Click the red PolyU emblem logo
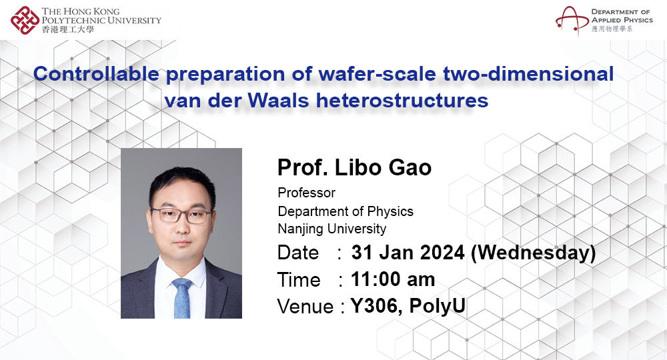25,20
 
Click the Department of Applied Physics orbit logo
572,20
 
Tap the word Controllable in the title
96,74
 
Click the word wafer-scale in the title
378,74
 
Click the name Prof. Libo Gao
354,167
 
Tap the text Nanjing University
331,229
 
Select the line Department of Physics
346,211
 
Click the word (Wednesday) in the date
534,253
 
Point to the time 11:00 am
393,280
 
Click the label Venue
305,307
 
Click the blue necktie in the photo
182,298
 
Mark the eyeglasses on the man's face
181,215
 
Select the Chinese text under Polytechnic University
67,29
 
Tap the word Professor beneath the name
306,193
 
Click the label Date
297,253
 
